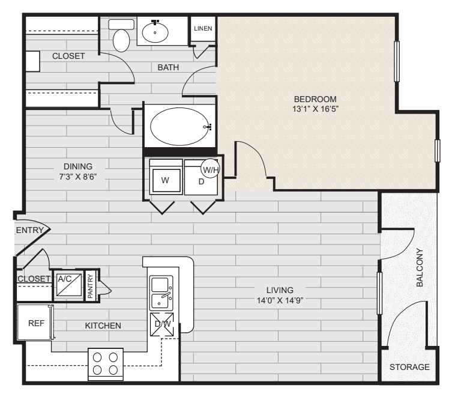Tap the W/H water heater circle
[211, 169]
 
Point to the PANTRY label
[90, 286]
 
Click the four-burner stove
[106, 363]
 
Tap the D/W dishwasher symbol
[162, 325]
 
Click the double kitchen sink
[161, 292]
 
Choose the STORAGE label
[409, 367]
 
